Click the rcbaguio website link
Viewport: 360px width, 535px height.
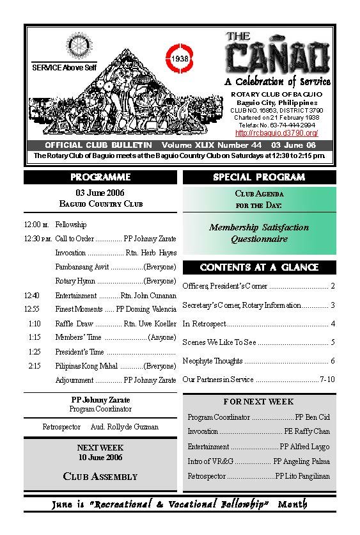(277, 133)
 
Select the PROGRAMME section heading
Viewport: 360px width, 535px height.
(100, 177)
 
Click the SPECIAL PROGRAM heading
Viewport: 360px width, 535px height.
(259, 177)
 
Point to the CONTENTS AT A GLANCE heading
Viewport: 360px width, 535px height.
(259, 267)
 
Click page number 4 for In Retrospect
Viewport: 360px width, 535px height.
(333, 324)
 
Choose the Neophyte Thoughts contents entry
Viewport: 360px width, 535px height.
(212, 361)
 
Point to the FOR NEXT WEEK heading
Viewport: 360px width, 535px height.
(259, 402)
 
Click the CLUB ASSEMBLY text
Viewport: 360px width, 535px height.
(100, 476)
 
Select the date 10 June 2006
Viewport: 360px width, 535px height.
(100, 458)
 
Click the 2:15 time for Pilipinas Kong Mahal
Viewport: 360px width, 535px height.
(35, 366)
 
